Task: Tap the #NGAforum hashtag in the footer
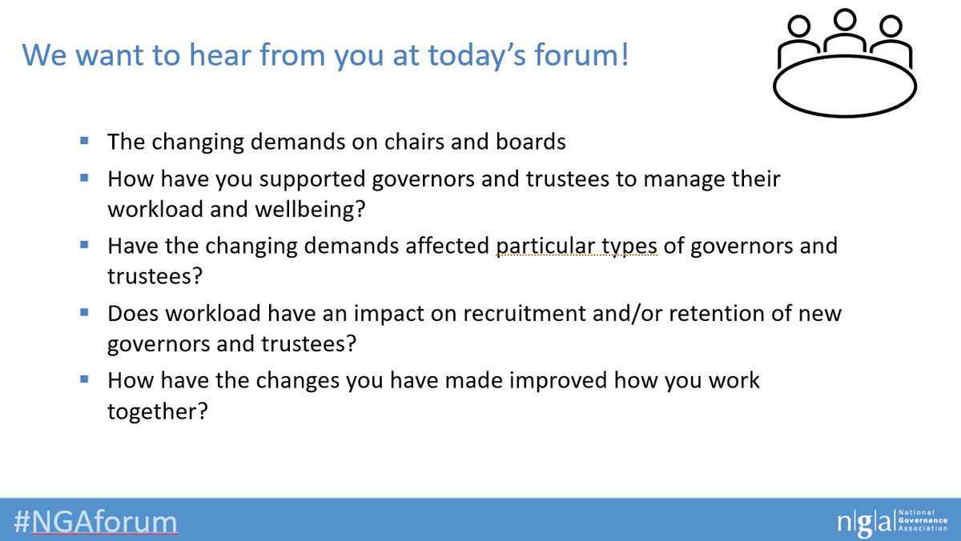pos(95,521)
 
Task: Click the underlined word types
pos(631,245)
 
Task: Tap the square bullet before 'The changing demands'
pos(84,142)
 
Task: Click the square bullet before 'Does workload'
pos(84,312)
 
